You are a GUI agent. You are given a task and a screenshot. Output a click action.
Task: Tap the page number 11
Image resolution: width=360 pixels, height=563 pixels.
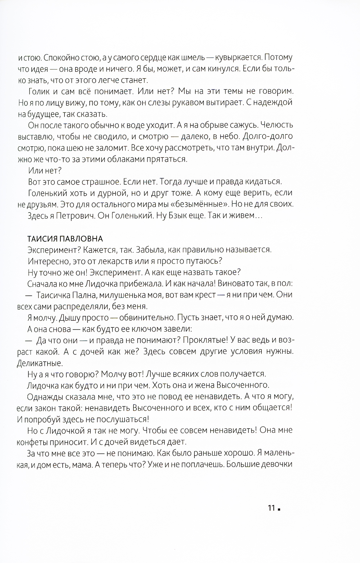pyautogui.click(x=271, y=508)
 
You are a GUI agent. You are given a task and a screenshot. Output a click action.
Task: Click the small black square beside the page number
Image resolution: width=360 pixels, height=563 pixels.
pyautogui.click(x=279, y=509)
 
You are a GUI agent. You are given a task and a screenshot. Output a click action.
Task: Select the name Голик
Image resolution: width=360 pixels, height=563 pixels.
pyautogui.click(x=38, y=91)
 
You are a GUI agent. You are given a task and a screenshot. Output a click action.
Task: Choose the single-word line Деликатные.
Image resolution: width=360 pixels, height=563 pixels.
pyautogui.click(x=40, y=363)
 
